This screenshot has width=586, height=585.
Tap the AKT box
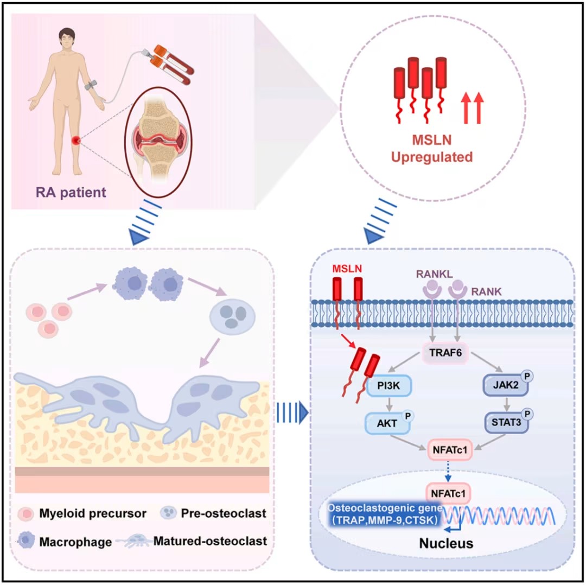pyautogui.click(x=387, y=424)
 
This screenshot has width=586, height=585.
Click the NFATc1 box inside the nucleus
pyautogui.click(x=448, y=494)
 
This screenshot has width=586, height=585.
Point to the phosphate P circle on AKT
pyautogui.click(x=408, y=416)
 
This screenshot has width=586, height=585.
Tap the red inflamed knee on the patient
pyautogui.click(x=75, y=142)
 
